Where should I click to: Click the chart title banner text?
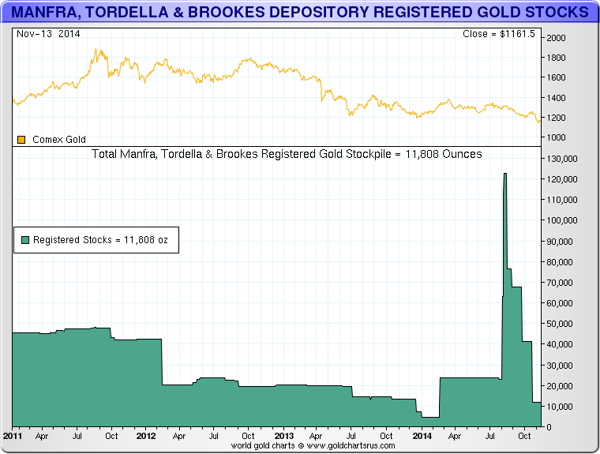point(299,13)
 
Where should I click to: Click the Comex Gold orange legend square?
point(22,140)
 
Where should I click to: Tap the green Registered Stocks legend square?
point(25,239)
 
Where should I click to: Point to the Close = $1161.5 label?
point(499,35)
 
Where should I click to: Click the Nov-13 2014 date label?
point(47,35)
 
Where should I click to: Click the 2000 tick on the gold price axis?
point(557,38)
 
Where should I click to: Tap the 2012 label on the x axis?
point(146,435)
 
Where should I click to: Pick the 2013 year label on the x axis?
point(284,435)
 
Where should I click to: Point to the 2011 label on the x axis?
point(13,435)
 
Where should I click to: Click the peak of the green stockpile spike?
point(504,174)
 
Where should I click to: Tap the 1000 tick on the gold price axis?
point(557,137)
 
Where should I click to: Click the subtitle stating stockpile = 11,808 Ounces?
point(287,154)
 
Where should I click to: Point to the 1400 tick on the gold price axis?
point(557,98)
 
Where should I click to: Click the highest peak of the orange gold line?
point(96,50)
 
